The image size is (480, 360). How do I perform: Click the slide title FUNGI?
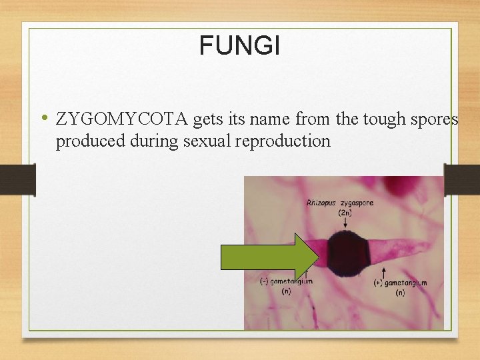[x=239, y=46]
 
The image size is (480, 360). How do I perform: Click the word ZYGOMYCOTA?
[x=123, y=119]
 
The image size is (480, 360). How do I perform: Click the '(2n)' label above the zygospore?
[x=345, y=213]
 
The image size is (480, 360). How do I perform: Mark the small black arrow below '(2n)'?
[x=345, y=225]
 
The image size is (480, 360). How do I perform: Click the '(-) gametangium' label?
[x=286, y=281]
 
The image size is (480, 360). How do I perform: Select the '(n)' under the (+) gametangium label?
[x=400, y=293]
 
